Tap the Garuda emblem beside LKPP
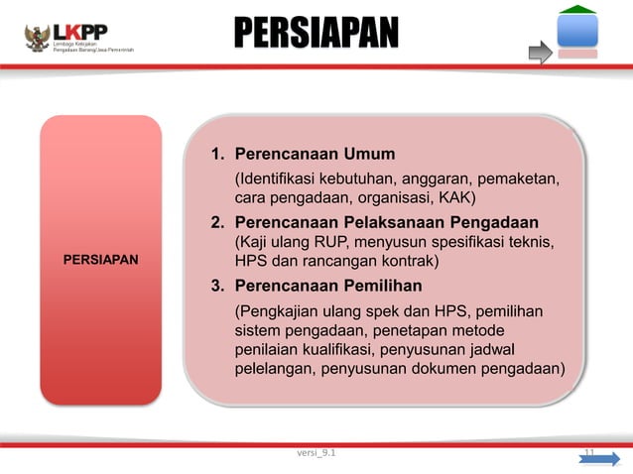pos(39,38)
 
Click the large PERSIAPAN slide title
pos(316,34)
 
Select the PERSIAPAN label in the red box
pos(100,259)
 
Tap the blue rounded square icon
pos(576,31)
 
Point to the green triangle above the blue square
pos(576,9)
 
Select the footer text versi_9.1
pos(316,453)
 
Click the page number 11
pos(588,453)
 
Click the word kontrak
pos(407,262)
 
